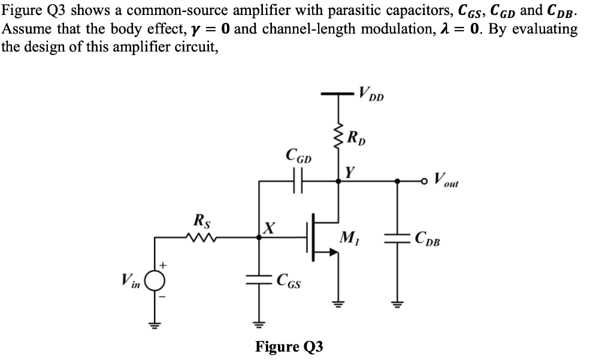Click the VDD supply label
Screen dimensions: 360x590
(x=372, y=95)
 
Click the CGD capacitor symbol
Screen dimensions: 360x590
(x=298, y=179)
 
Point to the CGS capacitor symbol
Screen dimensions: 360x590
(x=259, y=277)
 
